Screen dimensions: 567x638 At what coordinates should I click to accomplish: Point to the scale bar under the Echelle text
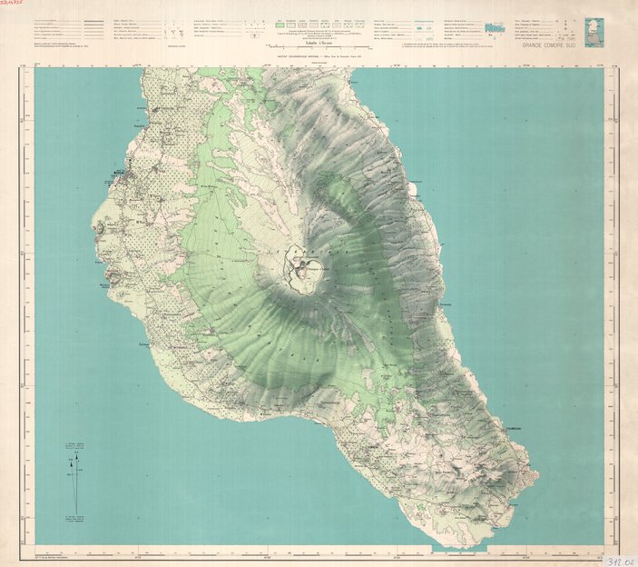pos(299,48)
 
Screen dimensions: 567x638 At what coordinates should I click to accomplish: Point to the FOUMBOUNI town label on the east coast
pos(518,420)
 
